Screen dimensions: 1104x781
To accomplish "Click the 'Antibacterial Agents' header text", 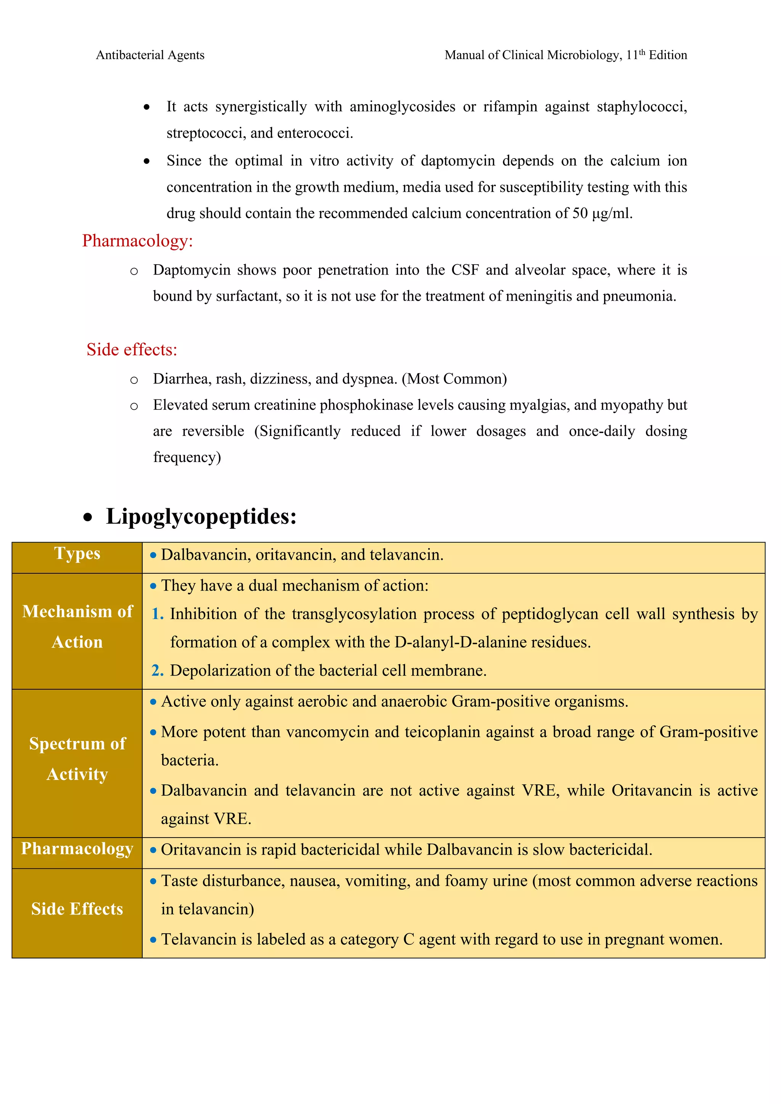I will point(150,55).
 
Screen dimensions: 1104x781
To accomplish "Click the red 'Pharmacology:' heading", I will point(138,241).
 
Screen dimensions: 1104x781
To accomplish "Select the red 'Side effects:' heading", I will point(132,350).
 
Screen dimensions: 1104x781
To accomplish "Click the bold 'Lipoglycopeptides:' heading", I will point(201,517).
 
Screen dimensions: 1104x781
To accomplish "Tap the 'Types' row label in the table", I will point(77,554).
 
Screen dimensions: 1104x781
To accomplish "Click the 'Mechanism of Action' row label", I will point(77,627).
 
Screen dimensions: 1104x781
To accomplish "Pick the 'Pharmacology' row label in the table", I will point(77,849).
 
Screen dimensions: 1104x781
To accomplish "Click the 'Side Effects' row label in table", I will point(77,909).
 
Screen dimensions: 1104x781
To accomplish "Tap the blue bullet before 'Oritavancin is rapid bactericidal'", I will point(153,850).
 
